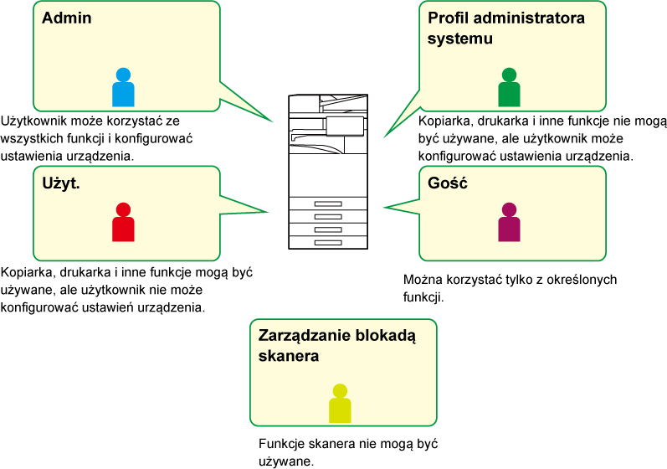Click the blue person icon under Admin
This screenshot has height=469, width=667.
point(123,87)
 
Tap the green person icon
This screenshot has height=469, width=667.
point(509,87)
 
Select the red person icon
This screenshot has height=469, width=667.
point(123,222)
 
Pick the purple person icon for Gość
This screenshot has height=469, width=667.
point(509,222)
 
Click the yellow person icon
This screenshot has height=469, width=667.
point(340,404)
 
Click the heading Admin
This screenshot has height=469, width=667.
point(67,18)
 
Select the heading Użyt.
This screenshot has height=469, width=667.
point(61,183)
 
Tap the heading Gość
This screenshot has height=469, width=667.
point(448,183)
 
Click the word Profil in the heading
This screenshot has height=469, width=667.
point(449,18)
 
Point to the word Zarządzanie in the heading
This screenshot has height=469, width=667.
point(305,336)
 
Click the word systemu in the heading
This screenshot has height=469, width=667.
point(460,39)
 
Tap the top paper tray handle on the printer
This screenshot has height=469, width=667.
point(328,204)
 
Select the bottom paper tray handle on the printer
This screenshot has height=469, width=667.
point(328,243)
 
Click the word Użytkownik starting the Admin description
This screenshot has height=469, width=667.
point(33,121)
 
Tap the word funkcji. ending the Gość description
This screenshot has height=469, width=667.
point(423,297)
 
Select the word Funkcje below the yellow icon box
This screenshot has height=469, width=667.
point(281,444)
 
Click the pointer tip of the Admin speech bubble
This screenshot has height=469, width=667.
point(273,121)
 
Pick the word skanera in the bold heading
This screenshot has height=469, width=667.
point(289,356)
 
